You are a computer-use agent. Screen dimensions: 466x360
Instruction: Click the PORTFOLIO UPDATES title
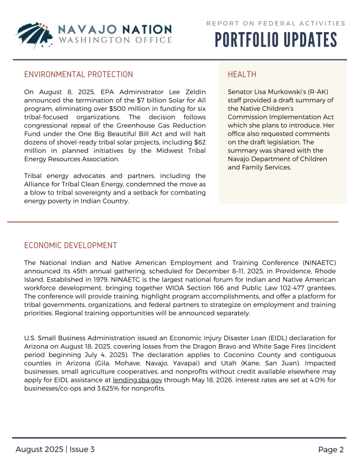[276, 40]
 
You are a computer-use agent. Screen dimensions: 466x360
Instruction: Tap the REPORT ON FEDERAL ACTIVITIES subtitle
[276, 23]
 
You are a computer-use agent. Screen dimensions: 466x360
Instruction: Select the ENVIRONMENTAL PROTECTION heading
[79, 74]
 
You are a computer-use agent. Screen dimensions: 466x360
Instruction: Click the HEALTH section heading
[242, 74]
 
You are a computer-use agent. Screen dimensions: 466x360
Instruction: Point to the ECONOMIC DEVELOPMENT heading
[71, 245]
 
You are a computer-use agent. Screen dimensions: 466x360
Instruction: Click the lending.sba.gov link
[137, 381]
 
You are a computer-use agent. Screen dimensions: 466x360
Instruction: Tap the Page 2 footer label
[331, 449]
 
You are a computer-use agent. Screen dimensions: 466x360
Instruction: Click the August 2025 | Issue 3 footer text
[55, 449]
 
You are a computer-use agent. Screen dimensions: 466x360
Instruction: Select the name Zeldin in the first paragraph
[194, 91]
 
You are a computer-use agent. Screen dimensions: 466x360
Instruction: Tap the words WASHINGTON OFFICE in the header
[115, 40]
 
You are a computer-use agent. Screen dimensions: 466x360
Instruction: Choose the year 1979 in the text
[107, 279]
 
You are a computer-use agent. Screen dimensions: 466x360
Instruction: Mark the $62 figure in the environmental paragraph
[200, 142]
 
